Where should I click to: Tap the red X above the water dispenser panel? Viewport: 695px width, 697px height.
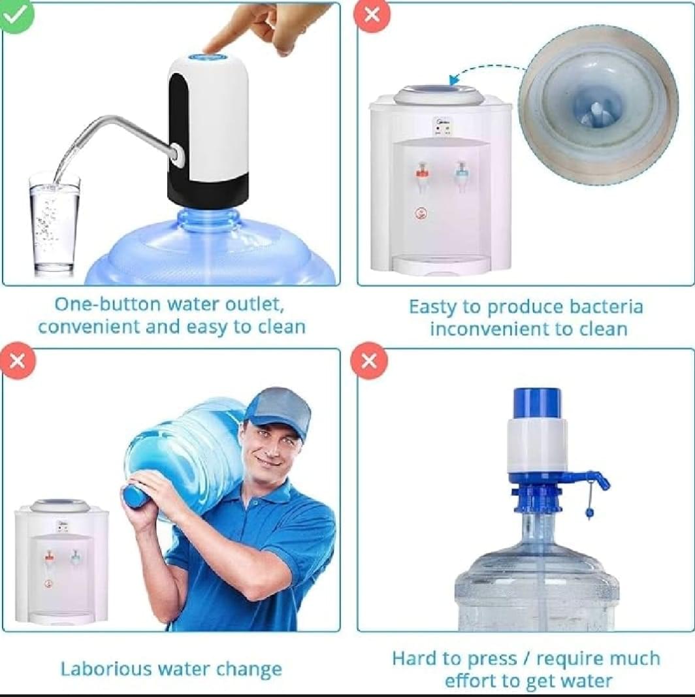372,15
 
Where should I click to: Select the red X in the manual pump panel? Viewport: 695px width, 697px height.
369,360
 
